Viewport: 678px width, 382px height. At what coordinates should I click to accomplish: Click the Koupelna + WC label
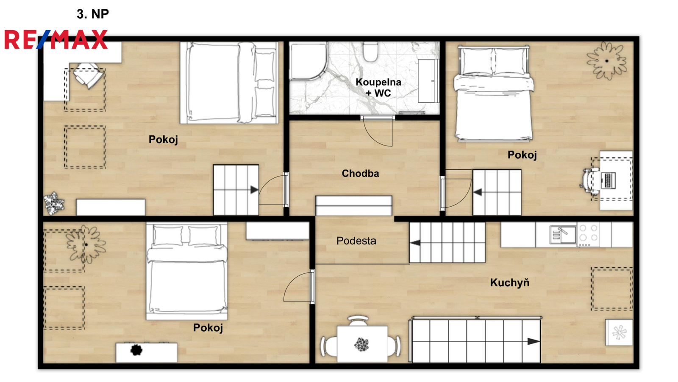point(378,87)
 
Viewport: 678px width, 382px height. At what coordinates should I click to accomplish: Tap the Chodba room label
point(360,174)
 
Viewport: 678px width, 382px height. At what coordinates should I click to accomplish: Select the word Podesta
point(356,241)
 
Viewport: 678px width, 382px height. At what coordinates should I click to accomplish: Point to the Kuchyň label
point(510,283)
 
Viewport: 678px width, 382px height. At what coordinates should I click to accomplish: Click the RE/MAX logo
point(56,39)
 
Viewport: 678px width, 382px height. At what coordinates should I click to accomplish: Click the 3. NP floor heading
point(93,14)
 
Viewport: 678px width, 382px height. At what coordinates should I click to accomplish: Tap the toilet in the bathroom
point(370,51)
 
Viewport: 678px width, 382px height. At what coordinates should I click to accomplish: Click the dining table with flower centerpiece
point(362,344)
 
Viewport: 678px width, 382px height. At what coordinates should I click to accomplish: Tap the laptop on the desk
point(609,180)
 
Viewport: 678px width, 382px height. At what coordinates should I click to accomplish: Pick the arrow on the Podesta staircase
point(415,242)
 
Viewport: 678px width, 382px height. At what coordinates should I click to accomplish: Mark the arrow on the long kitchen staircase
point(534,341)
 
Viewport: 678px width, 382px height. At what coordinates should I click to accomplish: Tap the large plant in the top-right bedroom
point(606,61)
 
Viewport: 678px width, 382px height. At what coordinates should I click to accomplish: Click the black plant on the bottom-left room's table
point(136,350)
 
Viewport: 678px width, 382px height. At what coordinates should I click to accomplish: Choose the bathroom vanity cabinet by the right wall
point(428,81)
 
